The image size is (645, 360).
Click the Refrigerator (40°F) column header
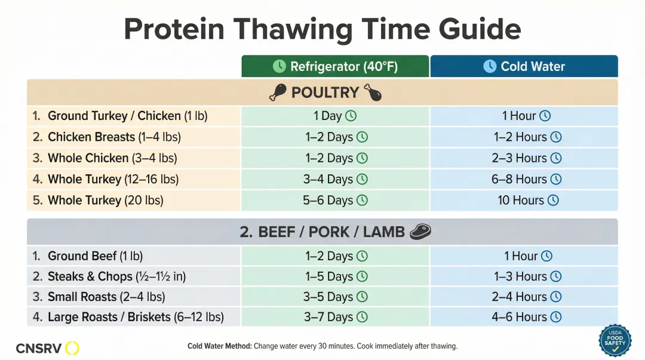click(335, 66)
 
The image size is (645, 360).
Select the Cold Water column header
click(524, 66)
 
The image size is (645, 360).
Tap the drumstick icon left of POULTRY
click(278, 93)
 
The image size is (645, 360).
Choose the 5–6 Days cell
click(335, 200)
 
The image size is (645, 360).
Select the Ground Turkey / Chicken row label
click(127, 116)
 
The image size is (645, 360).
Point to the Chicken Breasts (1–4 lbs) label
click(114, 137)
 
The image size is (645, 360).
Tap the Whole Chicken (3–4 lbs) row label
click(112, 158)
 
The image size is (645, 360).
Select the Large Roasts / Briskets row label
click(136, 317)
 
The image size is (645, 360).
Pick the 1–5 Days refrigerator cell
click(335, 276)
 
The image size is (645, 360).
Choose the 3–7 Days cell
click(335, 317)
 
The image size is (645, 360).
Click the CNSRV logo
click(47, 348)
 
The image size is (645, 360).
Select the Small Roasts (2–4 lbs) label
click(106, 297)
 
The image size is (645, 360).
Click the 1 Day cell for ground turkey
click(335, 116)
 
